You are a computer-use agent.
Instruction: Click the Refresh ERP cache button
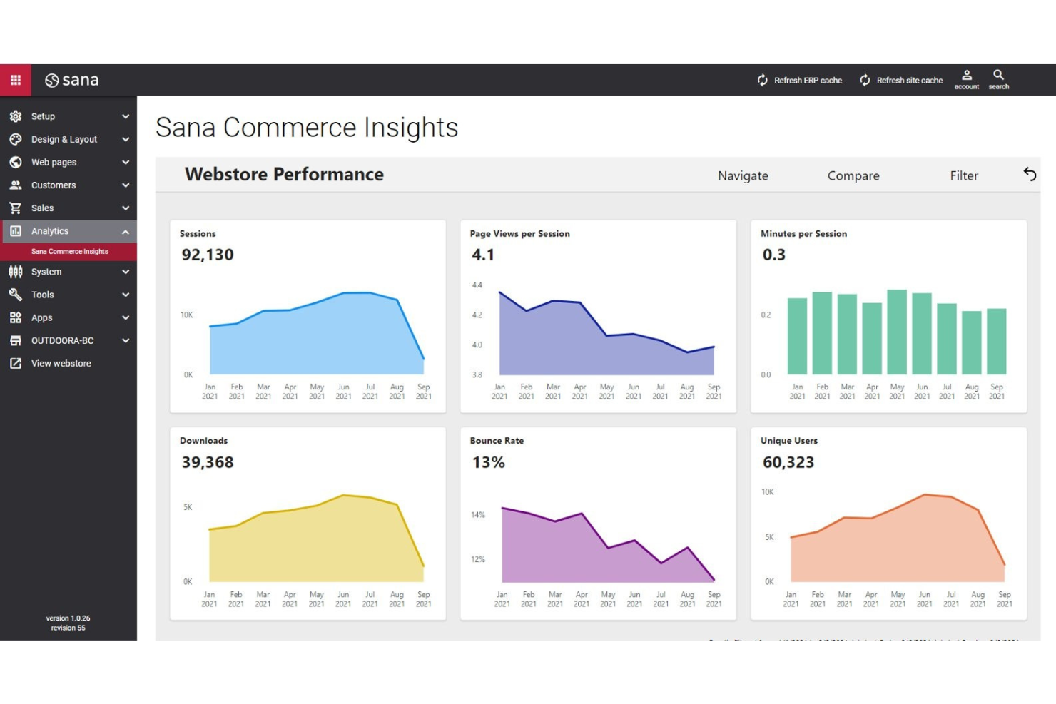[800, 81]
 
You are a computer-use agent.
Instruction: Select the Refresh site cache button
[901, 81]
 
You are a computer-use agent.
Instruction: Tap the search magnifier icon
[998, 75]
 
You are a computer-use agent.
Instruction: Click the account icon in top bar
[967, 75]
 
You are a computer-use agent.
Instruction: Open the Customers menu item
[54, 185]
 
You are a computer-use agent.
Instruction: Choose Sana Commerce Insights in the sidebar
[69, 252]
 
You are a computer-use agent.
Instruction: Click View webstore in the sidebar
[61, 364]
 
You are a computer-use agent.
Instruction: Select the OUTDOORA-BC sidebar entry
[62, 341]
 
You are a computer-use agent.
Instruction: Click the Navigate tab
[743, 175]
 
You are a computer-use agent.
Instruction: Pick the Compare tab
[853, 175]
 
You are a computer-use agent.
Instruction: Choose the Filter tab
[963, 175]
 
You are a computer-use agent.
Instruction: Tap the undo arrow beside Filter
[1030, 174]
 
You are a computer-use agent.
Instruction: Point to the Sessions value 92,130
[208, 255]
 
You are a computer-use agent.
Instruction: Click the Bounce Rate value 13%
[489, 462]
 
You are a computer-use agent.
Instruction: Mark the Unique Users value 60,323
[788, 462]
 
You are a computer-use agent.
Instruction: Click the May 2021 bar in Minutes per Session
[897, 332]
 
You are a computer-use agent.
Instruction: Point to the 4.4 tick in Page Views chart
[477, 285]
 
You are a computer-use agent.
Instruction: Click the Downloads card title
[204, 441]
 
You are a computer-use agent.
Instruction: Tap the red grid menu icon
[16, 80]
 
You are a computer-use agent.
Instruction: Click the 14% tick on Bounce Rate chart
[477, 515]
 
